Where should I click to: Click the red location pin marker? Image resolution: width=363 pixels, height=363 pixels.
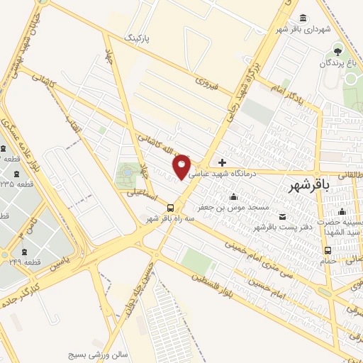pos(182,165)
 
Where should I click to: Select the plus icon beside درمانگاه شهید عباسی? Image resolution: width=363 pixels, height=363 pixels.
pos(222,162)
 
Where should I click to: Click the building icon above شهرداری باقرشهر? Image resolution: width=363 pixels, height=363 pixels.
pos(303,17)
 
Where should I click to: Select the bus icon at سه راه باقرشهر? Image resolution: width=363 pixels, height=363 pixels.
pos(170,208)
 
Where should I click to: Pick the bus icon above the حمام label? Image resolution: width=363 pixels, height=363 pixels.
pos(327,250)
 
